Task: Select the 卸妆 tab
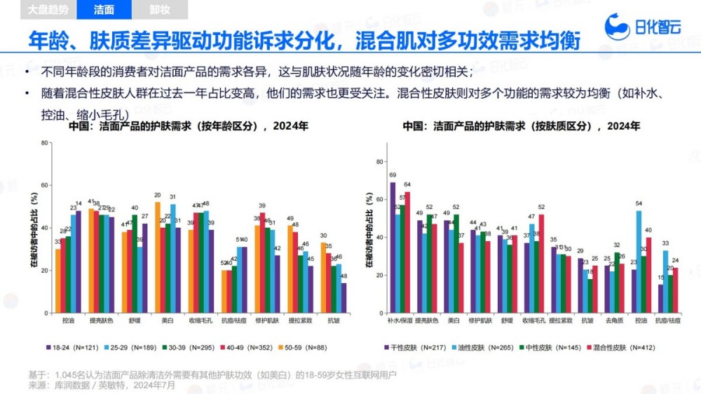(x=159, y=10)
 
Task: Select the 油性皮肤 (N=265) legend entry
(x=479, y=346)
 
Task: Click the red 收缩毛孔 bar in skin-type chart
(x=541, y=263)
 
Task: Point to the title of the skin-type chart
(x=522, y=127)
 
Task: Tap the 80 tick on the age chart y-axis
(x=44, y=143)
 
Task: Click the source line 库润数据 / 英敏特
(x=98, y=385)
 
